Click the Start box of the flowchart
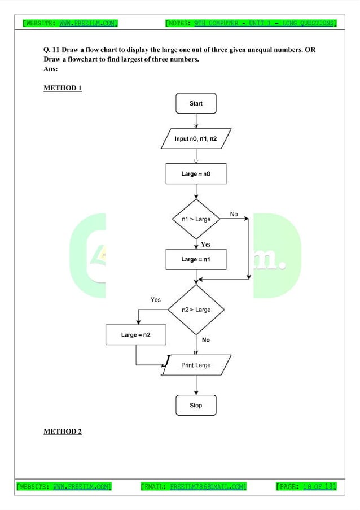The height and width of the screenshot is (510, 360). pyautogui.click(x=196, y=103)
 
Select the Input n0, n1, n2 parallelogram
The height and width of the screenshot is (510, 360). pyautogui.click(x=196, y=138)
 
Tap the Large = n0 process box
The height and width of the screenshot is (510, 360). pyautogui.click(x=196, y=174)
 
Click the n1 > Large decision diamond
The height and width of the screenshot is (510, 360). pyautogui.click(x=196, y=219)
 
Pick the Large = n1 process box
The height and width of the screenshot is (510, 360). pyautogui.click(x=196, y=259)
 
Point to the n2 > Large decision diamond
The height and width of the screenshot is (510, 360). pyautogui.click(x=196, y=310)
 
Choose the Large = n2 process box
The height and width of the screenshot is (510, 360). pyautogui.click(x=136, y=335)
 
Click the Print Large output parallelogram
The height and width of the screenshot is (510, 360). pyautogui.click(x=196, y=365)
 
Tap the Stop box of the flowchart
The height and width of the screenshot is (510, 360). pyautogui.click(x=196, y=406)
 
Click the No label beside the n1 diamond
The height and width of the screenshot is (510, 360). pyautogui.click(x=234, y=214)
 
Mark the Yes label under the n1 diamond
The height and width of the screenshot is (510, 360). pyautogui.click(x=206, y=245)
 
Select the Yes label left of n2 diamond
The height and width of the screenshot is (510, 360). pyautogui.click(x=155, y=300)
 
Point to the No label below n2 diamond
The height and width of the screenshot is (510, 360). pyautogui.click(x=205, y=340)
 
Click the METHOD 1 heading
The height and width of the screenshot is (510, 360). pyautogui.click(x=63, y=88)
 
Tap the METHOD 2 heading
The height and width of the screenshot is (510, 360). pyautogui.click(x=63, y=431)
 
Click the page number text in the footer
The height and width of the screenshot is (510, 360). pyautogui.click(x=306, y=486)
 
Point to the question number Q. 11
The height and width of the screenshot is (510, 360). pyautogui.click(x=52, y=50)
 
